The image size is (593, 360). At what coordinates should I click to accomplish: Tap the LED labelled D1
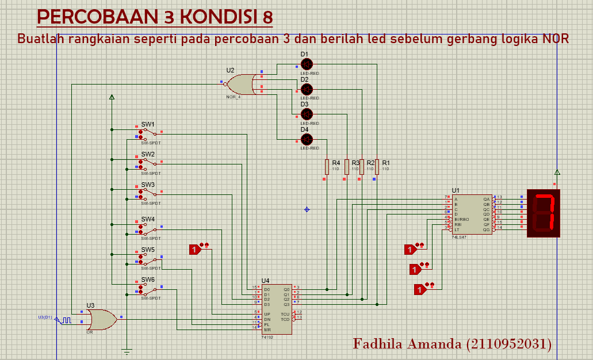[x=307, y=64]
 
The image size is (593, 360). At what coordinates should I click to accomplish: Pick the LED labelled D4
[x=307, y=139]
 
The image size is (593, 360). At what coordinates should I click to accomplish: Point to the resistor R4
[x=327, y=167]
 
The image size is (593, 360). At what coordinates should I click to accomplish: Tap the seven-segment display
[x=544, y=213]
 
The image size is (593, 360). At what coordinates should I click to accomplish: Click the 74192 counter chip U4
[x=276, y=309]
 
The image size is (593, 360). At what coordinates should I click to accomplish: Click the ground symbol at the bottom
[x=127, y=350]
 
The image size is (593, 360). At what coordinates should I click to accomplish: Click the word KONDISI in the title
[x=220, y=17]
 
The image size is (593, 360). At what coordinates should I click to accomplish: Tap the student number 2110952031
[x=510, y=344]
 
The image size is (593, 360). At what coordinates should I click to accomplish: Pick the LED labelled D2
[x=307, y=89]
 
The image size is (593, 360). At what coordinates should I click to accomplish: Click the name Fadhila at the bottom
[x=377, y=344]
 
